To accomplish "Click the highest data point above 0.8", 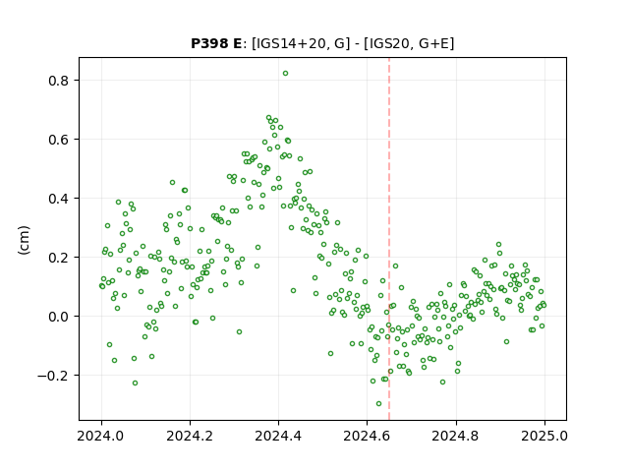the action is pyautogui.click(x=285, y=74).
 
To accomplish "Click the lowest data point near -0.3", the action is pyautogui.click(x=378, y=404).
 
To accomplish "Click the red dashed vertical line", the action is pyautogui.click(x=389, y=239).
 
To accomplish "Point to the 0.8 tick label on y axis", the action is pyautogui.click(x=59, y=81).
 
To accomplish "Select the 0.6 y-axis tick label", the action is pyautogui.click(x=59, y=140).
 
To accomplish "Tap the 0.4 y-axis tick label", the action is pyautogui.click(x=59, y=199).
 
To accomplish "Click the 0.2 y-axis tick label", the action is pyautogui.click(x=59, y=258).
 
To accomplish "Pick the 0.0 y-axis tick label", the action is pyautogui.click(x=59, y=317).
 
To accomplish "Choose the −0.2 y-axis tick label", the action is pyautogui.click(x=53, y=376).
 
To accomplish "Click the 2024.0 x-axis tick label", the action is pyautogui.click(x=101, y=436).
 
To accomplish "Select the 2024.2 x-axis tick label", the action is pyautogui.click(x=190, y=436).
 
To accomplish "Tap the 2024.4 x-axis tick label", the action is pyautogui.click(x=278, y=436).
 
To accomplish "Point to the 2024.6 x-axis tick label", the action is pyautogui.click(x=367, y=436).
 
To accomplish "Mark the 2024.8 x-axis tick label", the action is pyautogui.click(x=456, y=436).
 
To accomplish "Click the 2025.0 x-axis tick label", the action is pyautogui.click(x=544, y=436).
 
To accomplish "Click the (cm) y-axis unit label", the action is pyautogui.click(x=24, y=240).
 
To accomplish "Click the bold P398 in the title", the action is pyautogui.click(x=209, y=43).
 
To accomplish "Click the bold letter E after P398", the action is pyautogui.click(x=237, y=43).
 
